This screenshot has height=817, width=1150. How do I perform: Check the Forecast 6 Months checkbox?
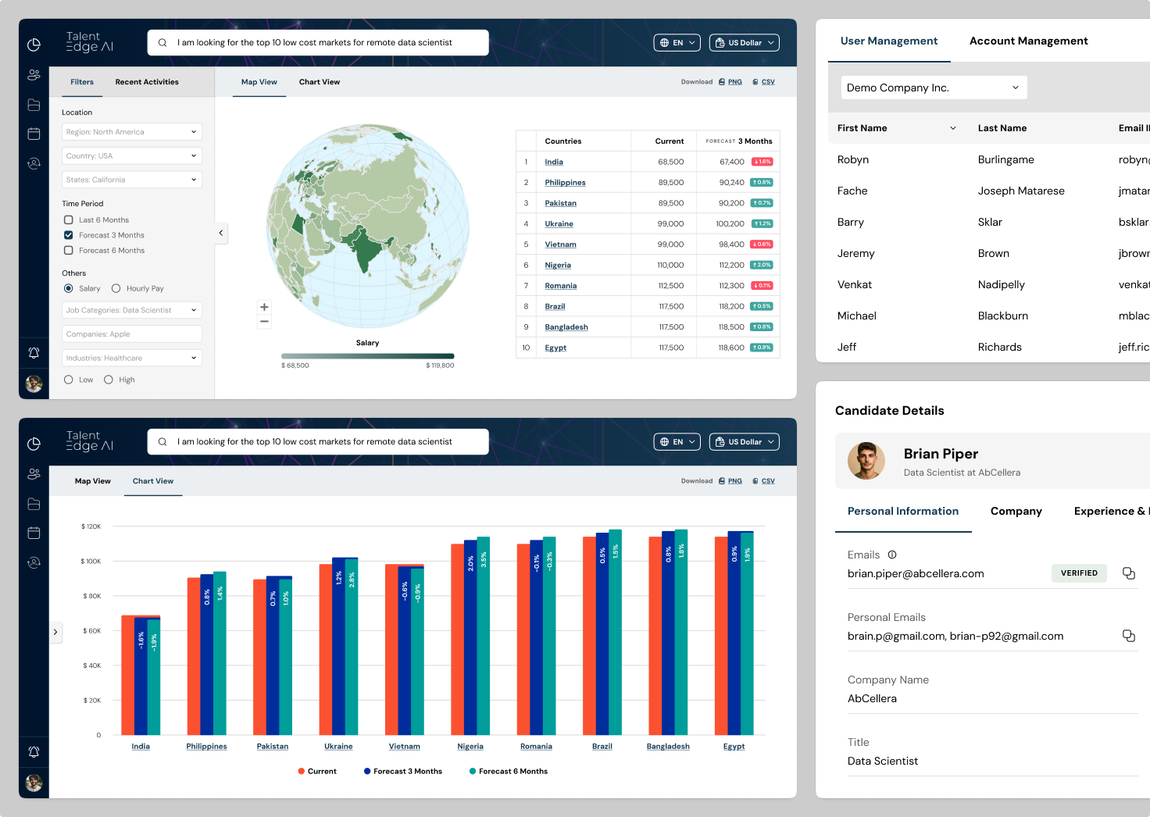pos(69,251)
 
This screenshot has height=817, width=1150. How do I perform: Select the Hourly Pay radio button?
pos(116,288)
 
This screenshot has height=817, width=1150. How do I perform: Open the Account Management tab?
pos(1028,41)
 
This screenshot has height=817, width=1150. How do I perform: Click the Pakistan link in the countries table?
pos(560,203)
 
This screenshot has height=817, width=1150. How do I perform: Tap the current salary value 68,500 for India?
pos(670,162)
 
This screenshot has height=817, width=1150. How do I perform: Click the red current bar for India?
pos(127,675)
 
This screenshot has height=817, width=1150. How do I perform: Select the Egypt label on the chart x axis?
pos(734,747)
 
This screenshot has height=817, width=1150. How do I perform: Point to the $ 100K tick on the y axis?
pos(91,562)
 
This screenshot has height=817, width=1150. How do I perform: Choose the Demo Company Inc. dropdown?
pos(934,87)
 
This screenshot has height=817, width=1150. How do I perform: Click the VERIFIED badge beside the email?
pos(1079,573)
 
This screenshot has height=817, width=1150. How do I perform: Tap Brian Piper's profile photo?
pos(866,461)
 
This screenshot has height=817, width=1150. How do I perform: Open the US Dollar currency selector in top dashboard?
pos(744,43)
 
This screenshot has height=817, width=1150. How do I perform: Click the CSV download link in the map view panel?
pos(767,82)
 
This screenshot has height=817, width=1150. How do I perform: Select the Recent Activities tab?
pos(147,82)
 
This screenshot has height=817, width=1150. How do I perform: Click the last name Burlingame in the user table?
pos(1005,160)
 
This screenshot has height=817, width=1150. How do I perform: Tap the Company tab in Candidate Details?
pos(1016,512)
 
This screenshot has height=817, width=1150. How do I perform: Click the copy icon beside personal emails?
pos(1128,636)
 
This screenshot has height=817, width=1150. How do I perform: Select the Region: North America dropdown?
pos(131,132)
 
